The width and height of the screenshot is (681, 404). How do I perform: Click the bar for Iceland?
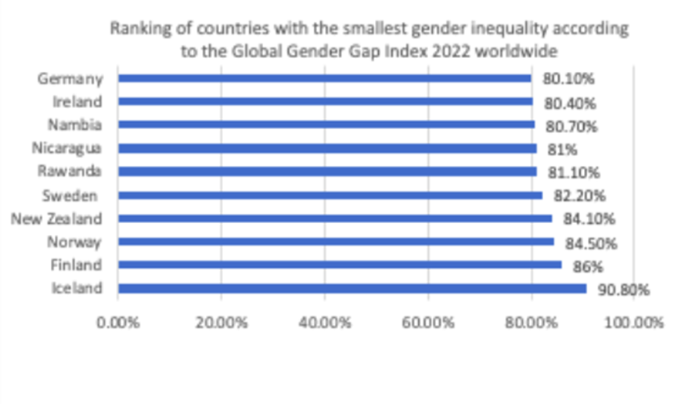[x=352, y=289]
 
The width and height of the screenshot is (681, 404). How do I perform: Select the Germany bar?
[x=325, y=78]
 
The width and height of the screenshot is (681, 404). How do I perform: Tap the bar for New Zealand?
[x=335, y=218]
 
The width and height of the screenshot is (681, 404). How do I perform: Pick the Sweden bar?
[x=330, y=195]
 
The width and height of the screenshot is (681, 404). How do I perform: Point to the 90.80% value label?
[x=624, y=290]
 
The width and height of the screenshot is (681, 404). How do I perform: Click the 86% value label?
[x=584, y=267]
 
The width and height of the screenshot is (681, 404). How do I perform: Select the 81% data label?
[x=559, y=150]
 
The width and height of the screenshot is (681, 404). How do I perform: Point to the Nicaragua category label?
[x=67, y=148]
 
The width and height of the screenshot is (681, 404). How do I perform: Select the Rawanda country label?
[x=70, y=171]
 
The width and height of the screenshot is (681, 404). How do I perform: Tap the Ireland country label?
[x=77, y=101]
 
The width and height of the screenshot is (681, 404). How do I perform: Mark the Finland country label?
[x=76, y=265]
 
